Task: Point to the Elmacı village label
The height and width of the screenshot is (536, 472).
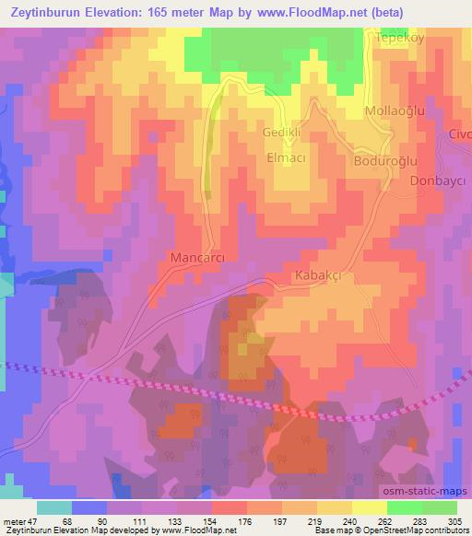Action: pyautogui.click(x=285, y=157)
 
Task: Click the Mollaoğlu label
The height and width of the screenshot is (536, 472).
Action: pyautogui.click(x=394, y=111)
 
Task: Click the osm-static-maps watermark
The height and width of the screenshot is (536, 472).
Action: pyautogui.click(x=425, y=492)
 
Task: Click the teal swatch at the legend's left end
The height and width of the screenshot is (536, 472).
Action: pyautogui.click(x=54, y=507)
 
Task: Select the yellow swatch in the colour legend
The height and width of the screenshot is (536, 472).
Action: pyautogui.click(x=369, y=507)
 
